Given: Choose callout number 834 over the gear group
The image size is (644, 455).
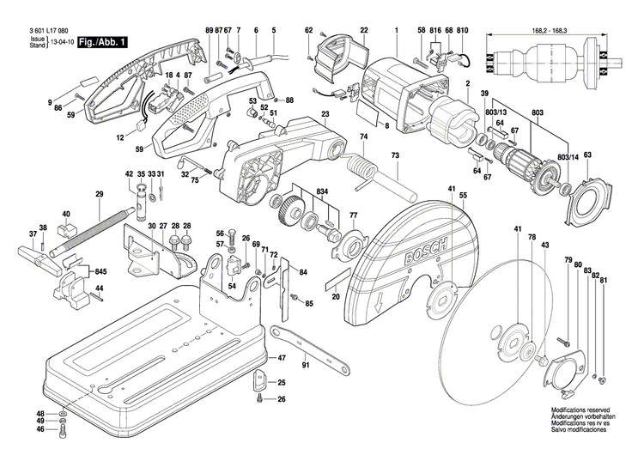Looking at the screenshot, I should pyautogui.click(x=322, y=190).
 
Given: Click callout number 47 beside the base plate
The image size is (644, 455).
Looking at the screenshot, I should pyautogui.click(x=282, y=357).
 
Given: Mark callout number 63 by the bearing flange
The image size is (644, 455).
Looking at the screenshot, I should pyautogui.click(x=587, y=155).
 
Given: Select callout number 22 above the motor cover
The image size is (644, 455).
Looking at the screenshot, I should pyautogui.click(x=364, y=31).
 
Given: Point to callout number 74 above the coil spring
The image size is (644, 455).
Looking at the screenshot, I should pyautogui.click(x=363, y=137).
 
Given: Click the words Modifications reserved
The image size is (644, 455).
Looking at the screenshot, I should pyautogui.click(x=580, y=411).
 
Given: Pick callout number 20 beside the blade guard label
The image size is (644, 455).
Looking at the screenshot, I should pyautogui.click(x=336, y=296).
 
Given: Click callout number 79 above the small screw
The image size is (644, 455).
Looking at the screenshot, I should pyautogui.click(x=568, y=259).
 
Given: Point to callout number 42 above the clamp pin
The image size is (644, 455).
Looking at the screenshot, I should pyautogui.click(x=130, y=174).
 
